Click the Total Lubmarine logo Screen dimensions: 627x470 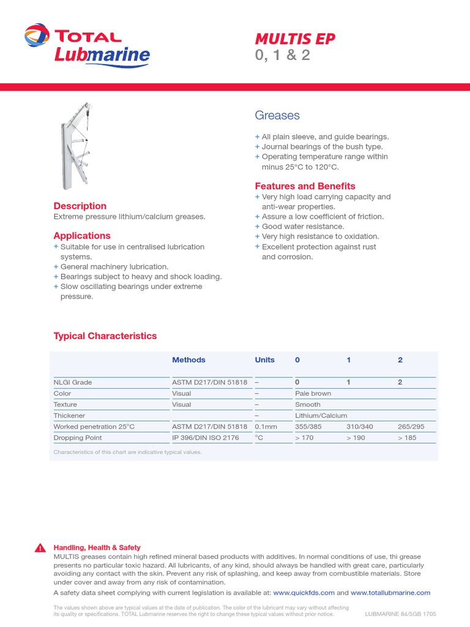pyautogui.click(x=87, y=46)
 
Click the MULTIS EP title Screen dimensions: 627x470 pyautogui.click(x=294, y=39)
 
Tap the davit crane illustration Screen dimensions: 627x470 pyautogui.click(x=76, y=146)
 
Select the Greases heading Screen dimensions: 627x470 pyautogui.click(x=277, y=115)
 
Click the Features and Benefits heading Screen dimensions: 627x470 pyautogui.click(x=305, y=186)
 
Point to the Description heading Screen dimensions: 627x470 pyautogui.click(x=80, y=206)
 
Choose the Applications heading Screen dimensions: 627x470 pyautogui.click(x=82, y=236)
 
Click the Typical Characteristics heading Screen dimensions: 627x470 pyautogui.click(x=105, y=336)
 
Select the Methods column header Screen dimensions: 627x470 pyautogui.click(x=188, y=360)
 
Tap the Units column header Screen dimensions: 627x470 pyautogui.click(x=264, y=360)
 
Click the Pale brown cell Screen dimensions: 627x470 pyautogui.click(x=313, y=394)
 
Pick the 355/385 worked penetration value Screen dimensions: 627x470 pyautogui.click(x=308, y=427)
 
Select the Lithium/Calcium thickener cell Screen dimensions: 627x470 pyautogui.click(x=321, y=416)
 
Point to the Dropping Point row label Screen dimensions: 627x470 pyautogui.click(x=78, y=438)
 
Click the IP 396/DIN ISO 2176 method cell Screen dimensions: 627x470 pyautogui.click(x=205, y=438)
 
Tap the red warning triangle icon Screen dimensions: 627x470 pyautogui.click(x=40, y=548)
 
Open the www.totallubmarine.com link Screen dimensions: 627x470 pyautogui.click(x=390, y=593)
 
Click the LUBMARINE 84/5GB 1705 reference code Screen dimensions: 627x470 pyautogui.click(x=400, y=614)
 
